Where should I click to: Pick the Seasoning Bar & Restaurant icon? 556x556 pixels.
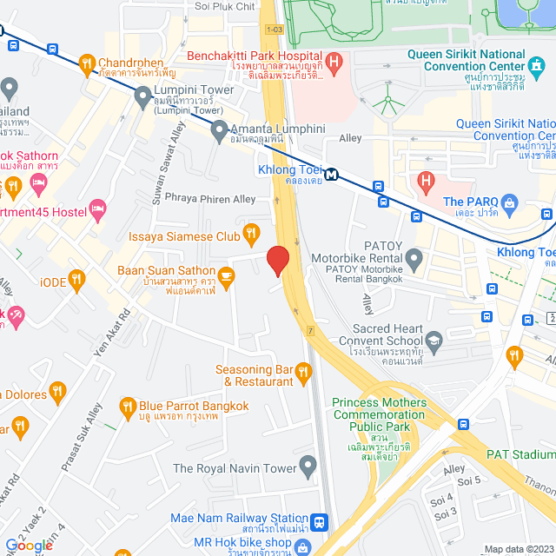tap(303, 374)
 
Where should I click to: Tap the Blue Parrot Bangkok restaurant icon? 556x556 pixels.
tap(129, 406)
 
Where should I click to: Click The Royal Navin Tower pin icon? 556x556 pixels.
tap(306, 467)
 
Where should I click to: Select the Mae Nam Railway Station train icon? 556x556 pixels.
tap(320, 522)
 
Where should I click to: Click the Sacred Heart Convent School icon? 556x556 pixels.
tap(432, 346)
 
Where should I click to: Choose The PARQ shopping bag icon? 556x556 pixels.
tap(510, 202)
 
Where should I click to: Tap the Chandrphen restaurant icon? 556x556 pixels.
tap(86, 63)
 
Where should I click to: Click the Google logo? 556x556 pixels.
tap(29, 545)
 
